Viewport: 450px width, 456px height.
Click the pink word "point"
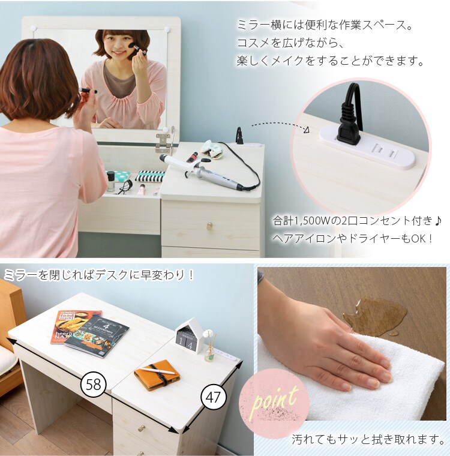tap(275, 398)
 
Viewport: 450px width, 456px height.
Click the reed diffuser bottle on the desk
tap(209, 351)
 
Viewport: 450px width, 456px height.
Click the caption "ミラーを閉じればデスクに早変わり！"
tap(98, 275)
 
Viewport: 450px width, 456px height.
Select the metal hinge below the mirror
tap(164, 142)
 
